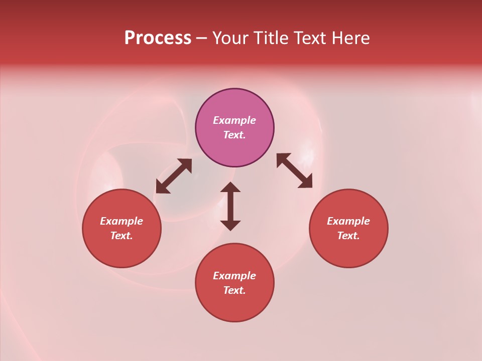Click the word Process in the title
pos(158,38)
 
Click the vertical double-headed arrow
pos(230,206)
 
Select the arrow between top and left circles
pos(174,176)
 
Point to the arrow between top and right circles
pos(294,170)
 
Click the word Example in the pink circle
pos(234,120)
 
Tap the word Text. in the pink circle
pos(234,135)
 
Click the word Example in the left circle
pos(122,221)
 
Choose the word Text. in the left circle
pos(122,236)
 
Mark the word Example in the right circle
pos(348,221)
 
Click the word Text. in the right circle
pos(348,236)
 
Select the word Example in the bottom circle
pos(234,276)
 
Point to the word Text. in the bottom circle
pos(234,290)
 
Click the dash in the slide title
pos(201,39)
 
